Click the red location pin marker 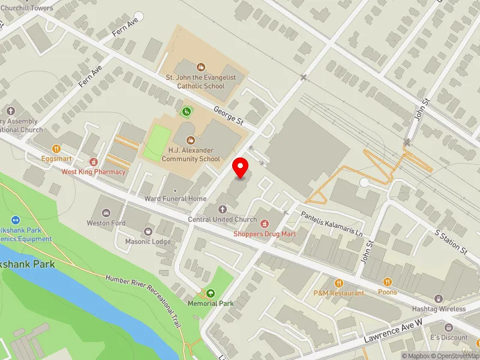(241, 167)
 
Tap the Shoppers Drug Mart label (264, 235)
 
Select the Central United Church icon (223, 209)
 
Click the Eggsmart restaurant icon (56, 148)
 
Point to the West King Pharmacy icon (94, 161)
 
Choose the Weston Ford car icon (106, 213)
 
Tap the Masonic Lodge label (148, 241)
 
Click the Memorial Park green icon (211, 293)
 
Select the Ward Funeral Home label (175, 199)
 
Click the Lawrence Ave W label (395, 331)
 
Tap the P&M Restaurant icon (338, 283)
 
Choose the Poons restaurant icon (388, 281)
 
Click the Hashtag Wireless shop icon (439, 299)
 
